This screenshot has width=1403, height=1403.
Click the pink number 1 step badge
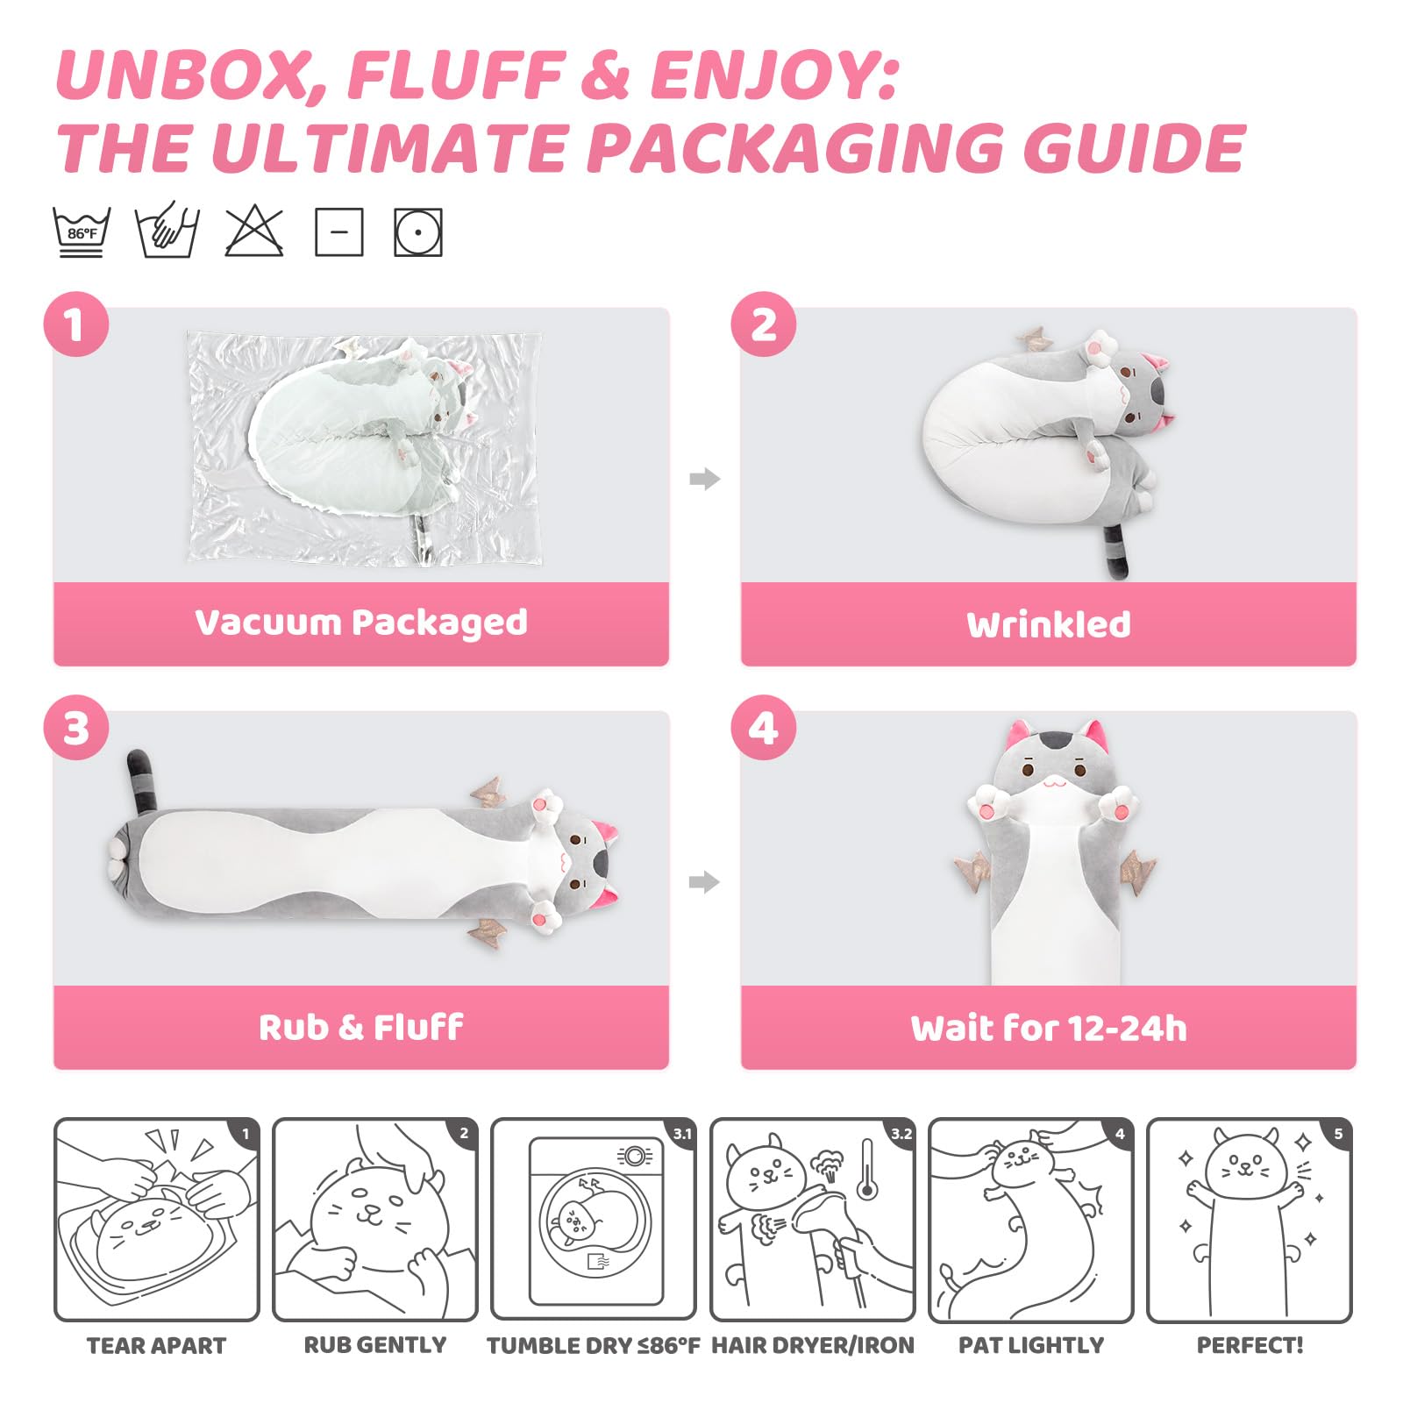(76, 324)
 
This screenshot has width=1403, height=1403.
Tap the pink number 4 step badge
(764, 728)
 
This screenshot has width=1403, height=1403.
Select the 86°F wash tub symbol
(82, 232)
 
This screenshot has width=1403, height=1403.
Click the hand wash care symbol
(167, 231)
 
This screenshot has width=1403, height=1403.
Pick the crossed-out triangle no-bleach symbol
(254, 232)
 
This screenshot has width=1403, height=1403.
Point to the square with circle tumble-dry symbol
(418, 232)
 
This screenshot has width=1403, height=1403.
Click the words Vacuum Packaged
(361, 623)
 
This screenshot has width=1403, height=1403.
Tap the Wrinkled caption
(1049, 624)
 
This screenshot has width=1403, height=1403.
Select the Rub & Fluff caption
(361, 1027)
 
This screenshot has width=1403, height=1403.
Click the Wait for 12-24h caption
(1049, 1028)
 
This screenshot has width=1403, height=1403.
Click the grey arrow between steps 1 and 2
(705, 479)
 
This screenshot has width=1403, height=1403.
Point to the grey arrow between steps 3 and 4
(705, 882)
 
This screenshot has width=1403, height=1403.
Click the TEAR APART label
(157, 1345)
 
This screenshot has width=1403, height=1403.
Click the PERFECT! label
(1250, 1345)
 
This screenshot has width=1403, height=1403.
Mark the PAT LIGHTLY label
(1031, 1345)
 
